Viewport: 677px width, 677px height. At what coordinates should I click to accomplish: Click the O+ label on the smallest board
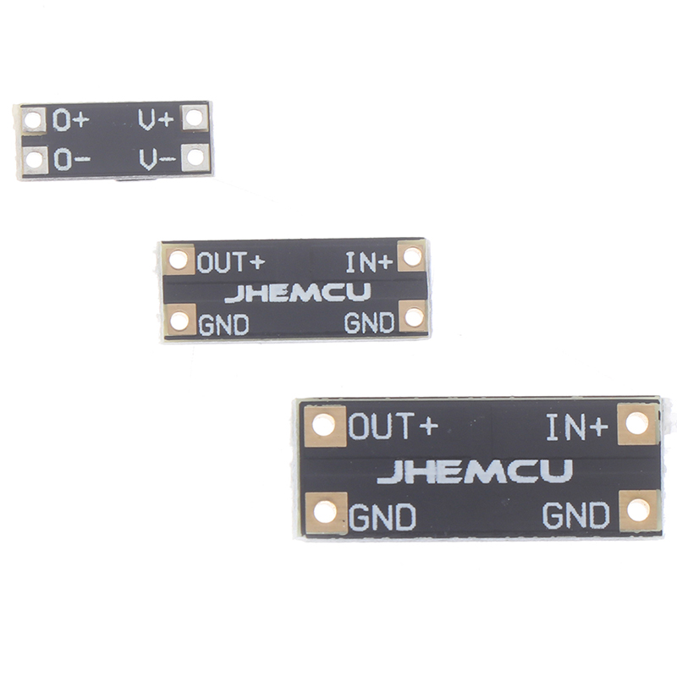click(x=69, y=120)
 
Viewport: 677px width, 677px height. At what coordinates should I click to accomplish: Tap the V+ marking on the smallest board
click(x=157, y=119)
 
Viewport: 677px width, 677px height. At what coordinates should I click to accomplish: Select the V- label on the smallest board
click(x=157, y=157)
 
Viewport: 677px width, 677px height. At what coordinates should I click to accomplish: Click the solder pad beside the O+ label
click(x=33, y=120)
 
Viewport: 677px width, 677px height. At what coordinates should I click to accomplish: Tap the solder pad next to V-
click(x=195, y=156)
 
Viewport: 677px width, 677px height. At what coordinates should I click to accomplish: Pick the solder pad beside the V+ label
click(x=194, y=117)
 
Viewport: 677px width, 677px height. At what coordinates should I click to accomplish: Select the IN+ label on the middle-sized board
click(x=369, y=261)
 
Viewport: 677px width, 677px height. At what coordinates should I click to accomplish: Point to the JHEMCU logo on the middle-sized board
click(x=297, y=293)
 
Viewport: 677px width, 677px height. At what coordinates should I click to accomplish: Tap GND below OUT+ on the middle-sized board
click(x=223, y=323)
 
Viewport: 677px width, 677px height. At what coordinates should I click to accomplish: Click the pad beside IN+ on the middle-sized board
click(x=412, y=256)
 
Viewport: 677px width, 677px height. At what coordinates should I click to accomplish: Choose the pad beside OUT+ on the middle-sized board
click(x=179, y=259)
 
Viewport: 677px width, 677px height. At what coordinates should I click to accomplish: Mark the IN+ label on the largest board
click(x=576, y=427)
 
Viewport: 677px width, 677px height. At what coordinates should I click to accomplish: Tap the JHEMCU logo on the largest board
click(x=475, y=471)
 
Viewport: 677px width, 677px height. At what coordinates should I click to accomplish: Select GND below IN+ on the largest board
click(x=575, y=514)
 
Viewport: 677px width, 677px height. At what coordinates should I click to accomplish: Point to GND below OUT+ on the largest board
click(x=383, y=515)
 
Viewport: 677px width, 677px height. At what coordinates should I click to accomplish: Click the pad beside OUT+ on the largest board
click(x=325, y=425)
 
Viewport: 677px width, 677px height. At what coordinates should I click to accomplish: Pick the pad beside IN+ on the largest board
click(x=638, y=423)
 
